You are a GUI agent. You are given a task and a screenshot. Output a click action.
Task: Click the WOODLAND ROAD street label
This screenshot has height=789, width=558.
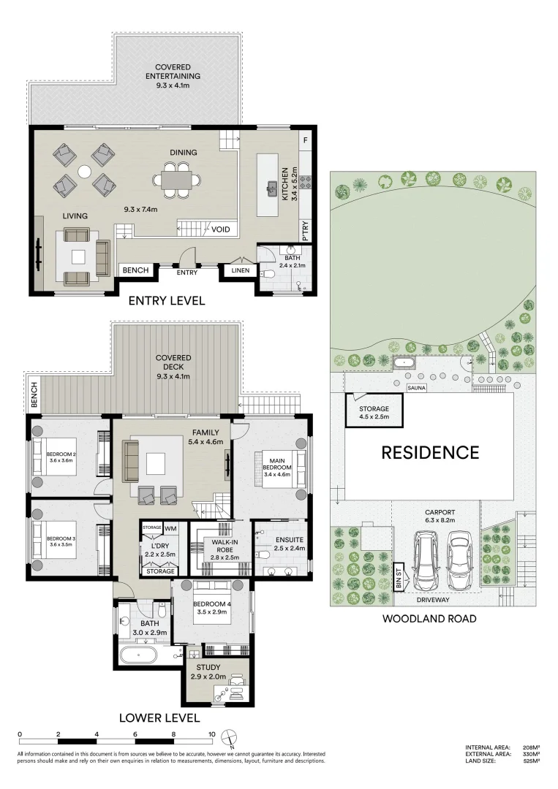[429, 619]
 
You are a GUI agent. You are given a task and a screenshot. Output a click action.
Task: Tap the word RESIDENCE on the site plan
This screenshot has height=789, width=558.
[430, 452]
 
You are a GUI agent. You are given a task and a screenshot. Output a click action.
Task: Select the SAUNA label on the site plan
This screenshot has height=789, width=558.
[418, 389]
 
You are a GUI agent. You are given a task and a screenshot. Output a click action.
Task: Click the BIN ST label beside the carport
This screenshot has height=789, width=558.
[399, 576]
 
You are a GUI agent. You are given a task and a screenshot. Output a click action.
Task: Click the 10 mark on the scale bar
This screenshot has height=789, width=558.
[211, 734]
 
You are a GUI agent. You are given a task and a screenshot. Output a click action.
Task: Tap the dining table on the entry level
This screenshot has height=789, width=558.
[176, 179]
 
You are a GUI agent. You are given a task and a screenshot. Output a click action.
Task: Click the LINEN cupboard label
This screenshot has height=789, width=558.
[240, 270]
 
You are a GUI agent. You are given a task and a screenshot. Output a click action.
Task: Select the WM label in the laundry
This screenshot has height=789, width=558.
[171, 527]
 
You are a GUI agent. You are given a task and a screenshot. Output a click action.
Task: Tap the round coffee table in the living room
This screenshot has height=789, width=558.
[84, 171]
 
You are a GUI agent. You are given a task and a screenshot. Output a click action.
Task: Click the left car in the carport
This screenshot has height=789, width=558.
[426, 561]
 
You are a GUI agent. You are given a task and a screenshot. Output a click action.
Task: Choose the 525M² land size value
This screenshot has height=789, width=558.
[532, 761]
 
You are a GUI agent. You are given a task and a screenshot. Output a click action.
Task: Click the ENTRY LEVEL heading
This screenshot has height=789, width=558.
[166, 301]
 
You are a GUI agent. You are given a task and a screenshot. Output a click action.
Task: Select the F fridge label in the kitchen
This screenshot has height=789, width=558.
[306, 140]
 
